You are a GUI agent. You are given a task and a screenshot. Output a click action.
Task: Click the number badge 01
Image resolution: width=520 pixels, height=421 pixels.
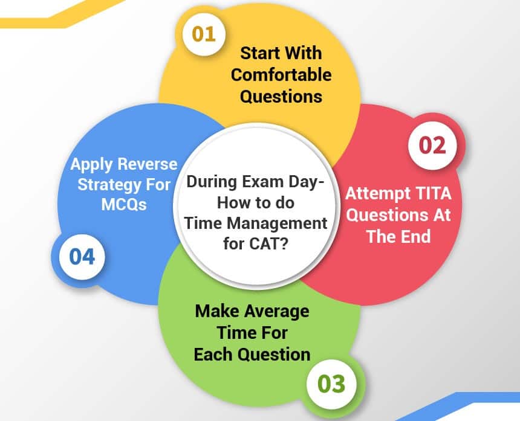click(204, 34)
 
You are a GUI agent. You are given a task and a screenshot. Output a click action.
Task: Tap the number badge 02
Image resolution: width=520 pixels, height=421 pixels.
click(434, 146)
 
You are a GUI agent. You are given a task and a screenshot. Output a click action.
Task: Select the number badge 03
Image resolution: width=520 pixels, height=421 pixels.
click(330, 383)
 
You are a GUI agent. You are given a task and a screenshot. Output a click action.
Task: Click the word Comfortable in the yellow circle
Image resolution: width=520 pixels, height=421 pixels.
click(281, 75)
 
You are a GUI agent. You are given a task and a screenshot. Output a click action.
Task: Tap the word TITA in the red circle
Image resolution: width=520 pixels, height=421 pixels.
click(429, 194)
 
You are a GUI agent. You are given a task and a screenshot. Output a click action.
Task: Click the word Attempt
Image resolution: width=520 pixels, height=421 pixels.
click(375, 194)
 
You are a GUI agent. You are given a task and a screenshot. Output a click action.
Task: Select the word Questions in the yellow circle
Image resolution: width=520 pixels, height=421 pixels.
click(281, 95)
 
